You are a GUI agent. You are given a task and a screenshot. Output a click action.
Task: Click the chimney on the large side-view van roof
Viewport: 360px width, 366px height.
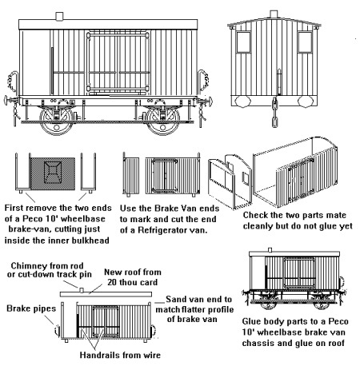(59, 16)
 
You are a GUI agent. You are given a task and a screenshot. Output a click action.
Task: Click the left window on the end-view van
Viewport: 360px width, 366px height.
(243, 42)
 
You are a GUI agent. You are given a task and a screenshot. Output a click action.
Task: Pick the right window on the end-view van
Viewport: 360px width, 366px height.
(305, 42)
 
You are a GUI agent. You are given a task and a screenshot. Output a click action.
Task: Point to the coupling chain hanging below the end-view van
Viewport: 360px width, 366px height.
(274, 112)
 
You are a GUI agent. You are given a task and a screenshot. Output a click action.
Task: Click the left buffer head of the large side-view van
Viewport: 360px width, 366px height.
(6, 101)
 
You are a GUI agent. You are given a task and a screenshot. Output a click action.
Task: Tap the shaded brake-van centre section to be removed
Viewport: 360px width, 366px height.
(53, 173)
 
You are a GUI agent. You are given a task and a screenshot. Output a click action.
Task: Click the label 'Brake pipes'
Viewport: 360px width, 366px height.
(31, 308)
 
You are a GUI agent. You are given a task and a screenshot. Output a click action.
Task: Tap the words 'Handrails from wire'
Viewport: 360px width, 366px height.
(120, 355)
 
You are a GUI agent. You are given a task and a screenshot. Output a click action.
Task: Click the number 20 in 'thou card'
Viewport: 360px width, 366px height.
(113, 282)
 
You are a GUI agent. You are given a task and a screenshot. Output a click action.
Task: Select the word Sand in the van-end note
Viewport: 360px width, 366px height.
(175, 299)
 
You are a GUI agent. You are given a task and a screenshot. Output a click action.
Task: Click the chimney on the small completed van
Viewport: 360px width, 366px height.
(270, 250)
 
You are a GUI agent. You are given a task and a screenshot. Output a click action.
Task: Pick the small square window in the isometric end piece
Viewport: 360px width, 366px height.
(246, 178)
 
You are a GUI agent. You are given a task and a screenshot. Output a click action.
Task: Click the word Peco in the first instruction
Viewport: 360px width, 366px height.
(33, 219)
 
